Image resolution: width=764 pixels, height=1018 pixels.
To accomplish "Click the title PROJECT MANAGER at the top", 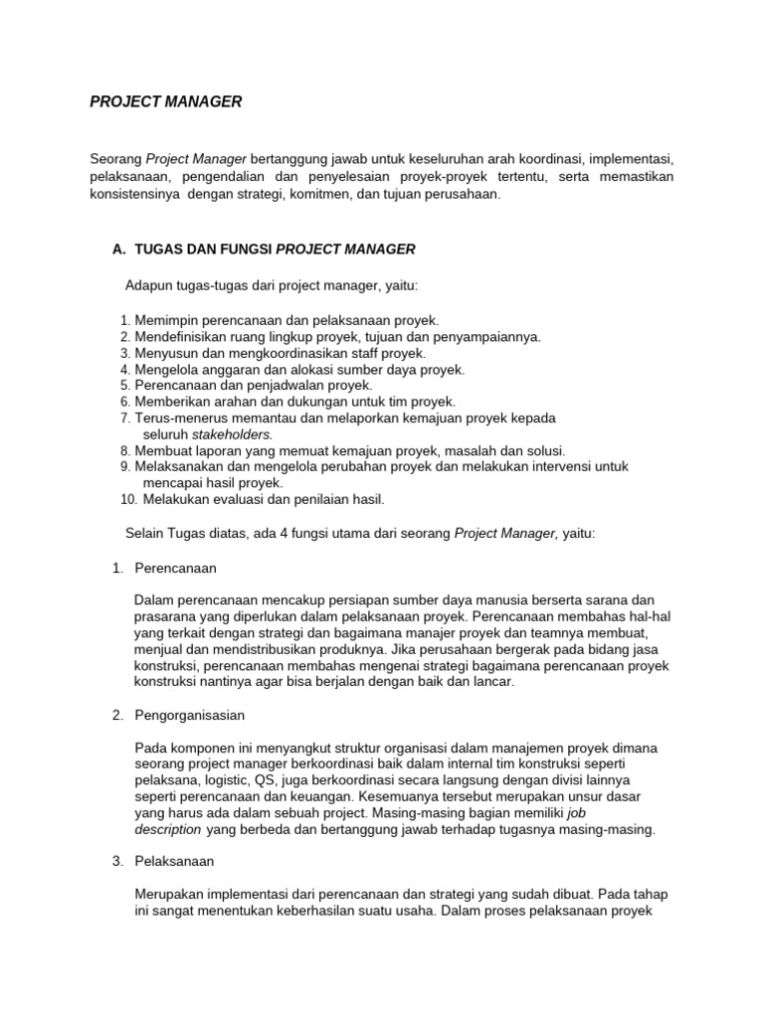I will coord(165,101).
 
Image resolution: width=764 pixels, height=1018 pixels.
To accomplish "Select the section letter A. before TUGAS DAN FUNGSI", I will coord(119,249).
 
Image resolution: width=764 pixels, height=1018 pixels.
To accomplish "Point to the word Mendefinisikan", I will coord(181,337).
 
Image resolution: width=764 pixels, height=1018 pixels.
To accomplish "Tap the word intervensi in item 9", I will coord(545,466).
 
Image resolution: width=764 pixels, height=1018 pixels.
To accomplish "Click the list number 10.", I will coord(126,499).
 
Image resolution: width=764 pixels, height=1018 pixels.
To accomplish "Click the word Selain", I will coord(145,533).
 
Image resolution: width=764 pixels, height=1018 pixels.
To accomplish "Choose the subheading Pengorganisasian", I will coord(189,715).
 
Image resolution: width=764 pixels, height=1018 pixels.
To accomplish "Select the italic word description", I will coord(167,829).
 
